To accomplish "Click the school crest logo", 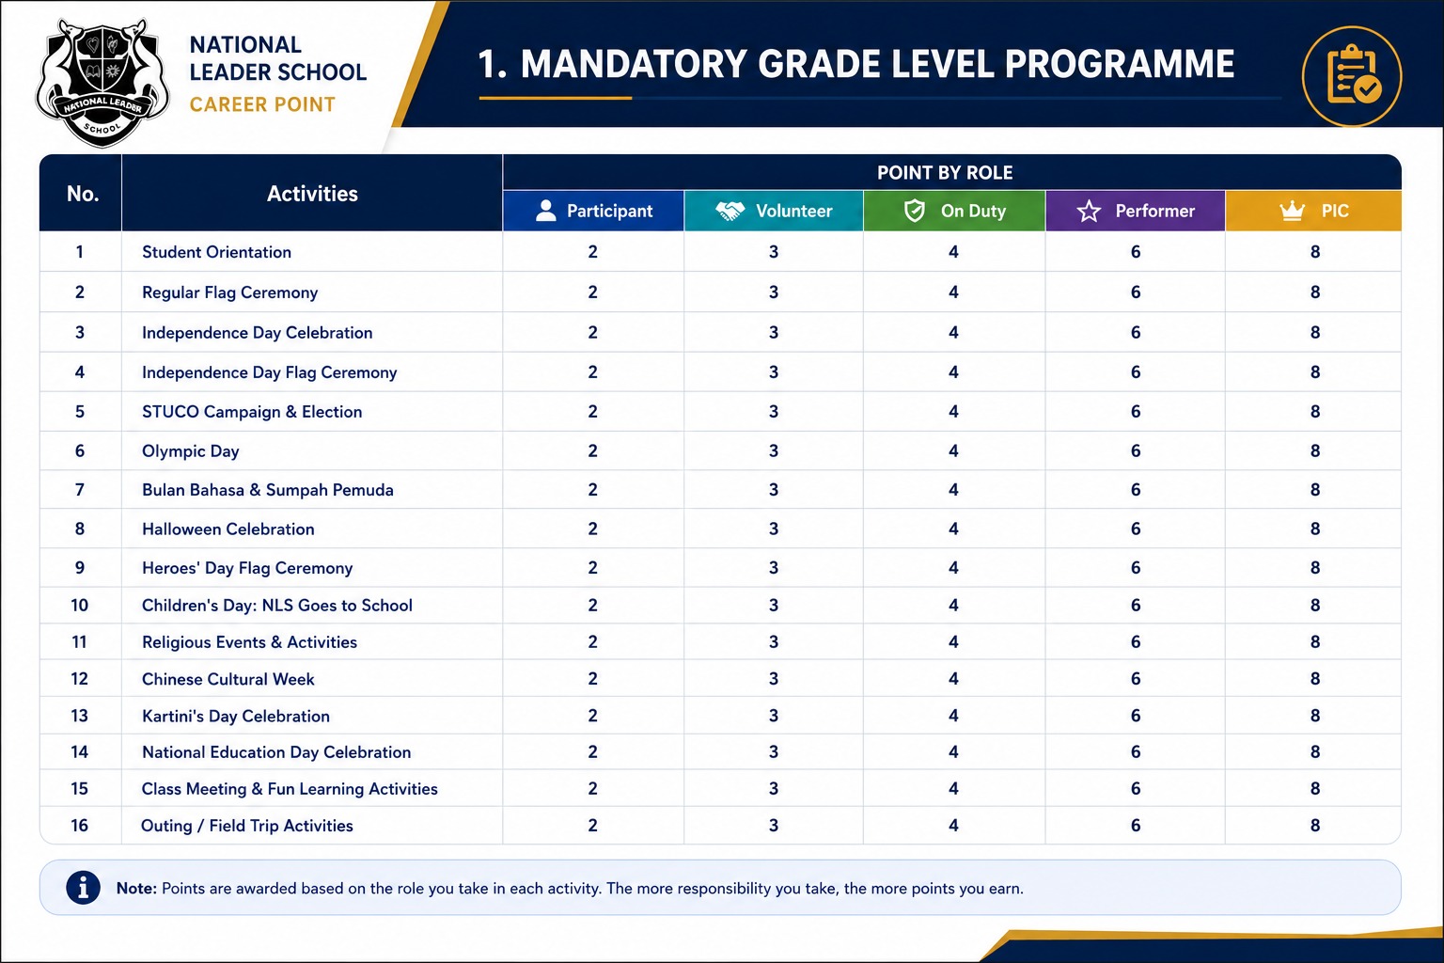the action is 102,82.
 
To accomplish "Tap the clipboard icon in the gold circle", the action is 1353,75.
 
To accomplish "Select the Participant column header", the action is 593,211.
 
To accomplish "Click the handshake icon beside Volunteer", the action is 730,211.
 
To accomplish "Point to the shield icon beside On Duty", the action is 914,211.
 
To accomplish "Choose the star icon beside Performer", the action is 1089,211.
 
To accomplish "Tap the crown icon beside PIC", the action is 1292,211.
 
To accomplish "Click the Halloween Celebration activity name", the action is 228,529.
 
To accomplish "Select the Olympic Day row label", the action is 190,450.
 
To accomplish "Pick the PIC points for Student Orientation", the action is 1315,251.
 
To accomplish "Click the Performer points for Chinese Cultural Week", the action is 1136,679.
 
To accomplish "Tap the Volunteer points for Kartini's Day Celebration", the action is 774,716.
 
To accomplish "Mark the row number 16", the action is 79,825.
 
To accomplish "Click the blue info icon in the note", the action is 83,888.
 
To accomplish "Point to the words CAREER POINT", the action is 262,104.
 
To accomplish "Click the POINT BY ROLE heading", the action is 945,173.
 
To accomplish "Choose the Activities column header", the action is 312,194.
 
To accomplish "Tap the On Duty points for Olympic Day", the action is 953,450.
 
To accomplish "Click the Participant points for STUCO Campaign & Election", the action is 592,412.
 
